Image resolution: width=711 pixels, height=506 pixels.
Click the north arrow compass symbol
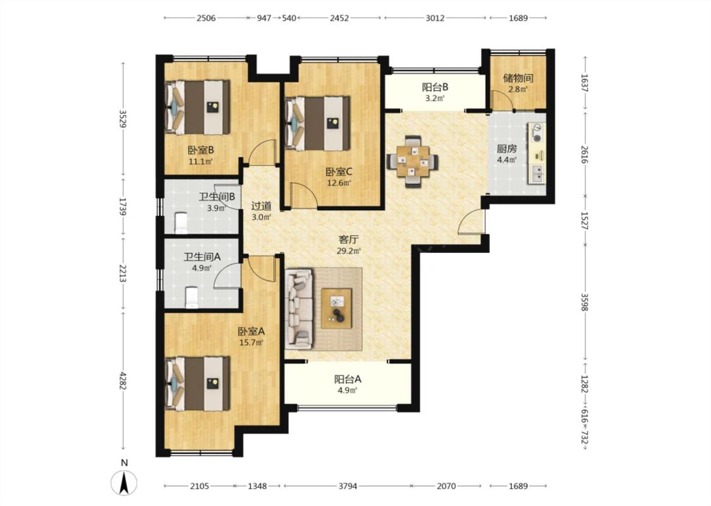[x=124, y=482]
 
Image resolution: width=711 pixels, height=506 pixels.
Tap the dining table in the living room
[x=413, y=161]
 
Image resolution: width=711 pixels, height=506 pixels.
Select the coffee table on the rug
[x=336, y=308]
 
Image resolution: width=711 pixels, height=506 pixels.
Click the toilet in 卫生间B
[x=181, y=223]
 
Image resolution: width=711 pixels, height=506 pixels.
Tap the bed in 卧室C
[x=317, y=123]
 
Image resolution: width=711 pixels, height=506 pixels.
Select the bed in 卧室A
[x=197, y=383]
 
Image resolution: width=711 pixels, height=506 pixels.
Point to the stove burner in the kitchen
[x=537, y=133]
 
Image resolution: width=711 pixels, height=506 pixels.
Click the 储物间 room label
[x=518, y=78]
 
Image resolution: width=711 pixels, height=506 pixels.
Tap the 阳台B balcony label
[x=435, y=87]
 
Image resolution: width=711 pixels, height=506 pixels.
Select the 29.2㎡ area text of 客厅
[x=349, y=250]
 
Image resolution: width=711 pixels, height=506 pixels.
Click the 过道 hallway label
[x=261, y=206]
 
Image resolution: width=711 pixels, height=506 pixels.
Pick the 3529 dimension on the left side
[x=123, y=119]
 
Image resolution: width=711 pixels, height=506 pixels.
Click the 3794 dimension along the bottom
[x=348, y=486]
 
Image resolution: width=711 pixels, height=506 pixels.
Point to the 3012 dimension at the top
[x=435, y=18]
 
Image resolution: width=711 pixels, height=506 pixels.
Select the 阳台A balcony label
[x=348, y=379]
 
